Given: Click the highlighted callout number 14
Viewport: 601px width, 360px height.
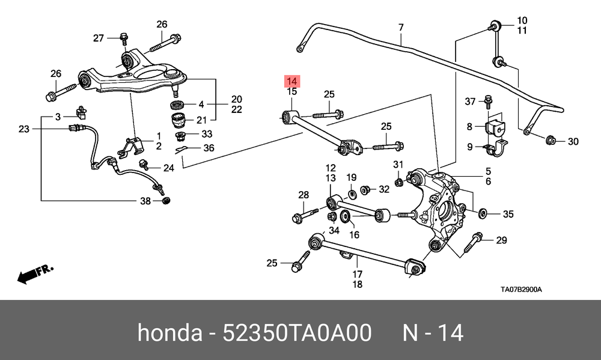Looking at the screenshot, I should (291, 81).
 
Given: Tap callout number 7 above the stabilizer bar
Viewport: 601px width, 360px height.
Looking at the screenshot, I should (401, 27).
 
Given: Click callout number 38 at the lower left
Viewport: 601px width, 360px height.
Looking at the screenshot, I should (145, 201).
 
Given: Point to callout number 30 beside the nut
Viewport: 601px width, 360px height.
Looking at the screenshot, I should (573, 142).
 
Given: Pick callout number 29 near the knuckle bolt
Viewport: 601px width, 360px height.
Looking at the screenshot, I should (501, 240).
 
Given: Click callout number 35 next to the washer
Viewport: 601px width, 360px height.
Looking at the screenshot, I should (508, 213).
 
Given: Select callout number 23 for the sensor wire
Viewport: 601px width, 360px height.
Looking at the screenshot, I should (24, 129).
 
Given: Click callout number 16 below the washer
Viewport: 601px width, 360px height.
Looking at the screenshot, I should (355, 234).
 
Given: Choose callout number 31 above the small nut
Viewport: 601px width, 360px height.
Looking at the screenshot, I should (398, 165).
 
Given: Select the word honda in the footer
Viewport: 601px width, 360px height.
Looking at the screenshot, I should (169, 332).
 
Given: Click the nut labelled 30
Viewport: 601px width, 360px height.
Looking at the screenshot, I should (550, 141).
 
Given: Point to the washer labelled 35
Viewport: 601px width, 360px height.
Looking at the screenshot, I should (483, 213).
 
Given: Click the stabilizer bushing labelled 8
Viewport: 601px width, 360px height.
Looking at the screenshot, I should (493, 127).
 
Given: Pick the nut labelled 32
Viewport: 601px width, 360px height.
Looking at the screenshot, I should (364, 191).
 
